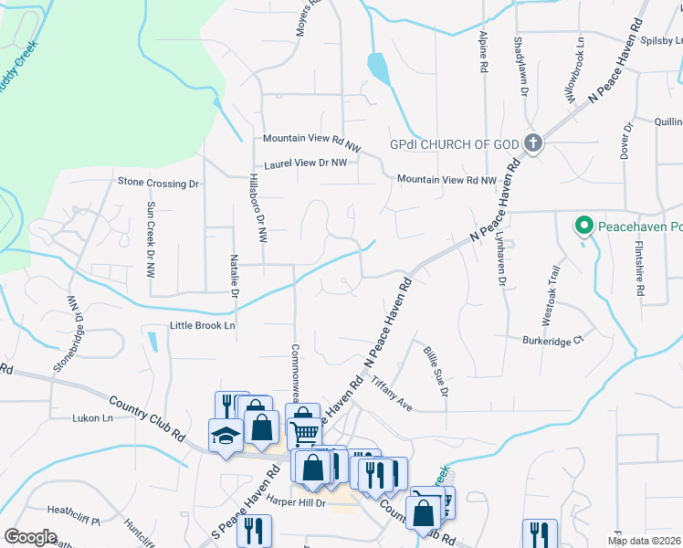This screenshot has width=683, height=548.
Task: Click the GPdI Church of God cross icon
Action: tap(533, 142)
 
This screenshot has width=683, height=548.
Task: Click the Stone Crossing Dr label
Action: tap(158, 183)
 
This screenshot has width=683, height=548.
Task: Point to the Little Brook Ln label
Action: tap(202, 325)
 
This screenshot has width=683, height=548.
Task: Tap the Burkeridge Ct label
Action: tap(552, 341)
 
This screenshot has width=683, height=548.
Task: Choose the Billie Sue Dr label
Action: tap(435, 370)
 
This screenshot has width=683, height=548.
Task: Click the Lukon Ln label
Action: tap(92, 418)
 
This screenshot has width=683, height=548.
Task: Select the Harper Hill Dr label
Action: tap(296, 502)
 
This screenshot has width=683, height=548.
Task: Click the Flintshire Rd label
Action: tap(640, 269)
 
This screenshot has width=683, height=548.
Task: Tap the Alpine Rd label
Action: tap(483, 52)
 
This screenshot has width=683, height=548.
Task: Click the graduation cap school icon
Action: tap(226, 434)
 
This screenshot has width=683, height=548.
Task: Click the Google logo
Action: tap(30, 537)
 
